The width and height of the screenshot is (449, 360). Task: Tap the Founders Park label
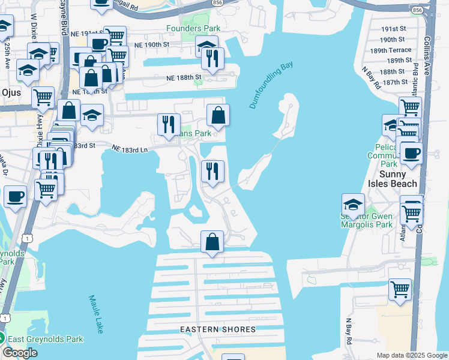(193, 28)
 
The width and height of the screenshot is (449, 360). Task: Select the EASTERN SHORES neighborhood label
(218, 329)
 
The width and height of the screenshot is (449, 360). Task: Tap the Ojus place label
(11, 92)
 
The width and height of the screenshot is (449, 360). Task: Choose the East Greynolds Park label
(45, 339)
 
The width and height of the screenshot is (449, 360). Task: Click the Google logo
(20, 353)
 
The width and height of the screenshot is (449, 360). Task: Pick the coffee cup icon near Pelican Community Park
(411, 152)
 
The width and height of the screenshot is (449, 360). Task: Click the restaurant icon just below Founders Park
(212, 58)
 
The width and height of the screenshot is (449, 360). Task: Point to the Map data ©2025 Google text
(411, 355)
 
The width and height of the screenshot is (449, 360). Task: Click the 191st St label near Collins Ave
(394, 29)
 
